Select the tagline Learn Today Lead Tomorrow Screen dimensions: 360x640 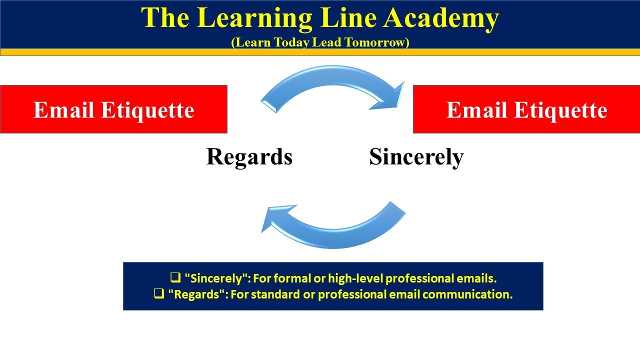tap(320, 42)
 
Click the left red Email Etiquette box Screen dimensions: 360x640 tap(113, 109)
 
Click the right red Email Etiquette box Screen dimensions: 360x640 tap(526, 109)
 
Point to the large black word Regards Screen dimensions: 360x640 tap(249, 157)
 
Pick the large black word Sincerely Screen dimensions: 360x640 tap(416, 157)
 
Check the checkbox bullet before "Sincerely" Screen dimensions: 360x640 tap(175, 278)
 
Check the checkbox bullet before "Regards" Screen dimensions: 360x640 tap(159, 294)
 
